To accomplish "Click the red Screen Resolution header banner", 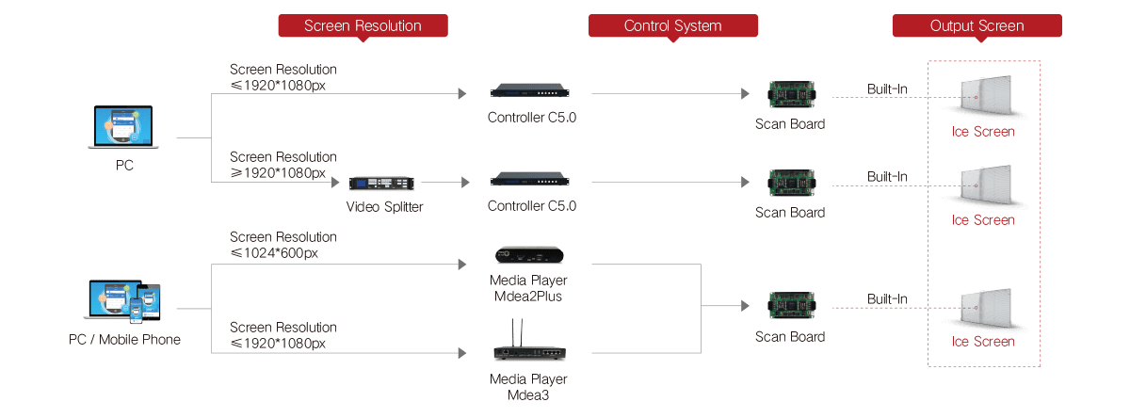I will click(x=363, y=26).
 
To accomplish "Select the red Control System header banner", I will click(x=673, y=26).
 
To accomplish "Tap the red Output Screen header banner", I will click(x=977, y=26).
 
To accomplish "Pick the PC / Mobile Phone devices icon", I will click(x=123, y=301).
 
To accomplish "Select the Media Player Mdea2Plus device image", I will click(x=529, y=256).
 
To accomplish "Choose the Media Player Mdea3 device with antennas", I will click(x=528, y=349).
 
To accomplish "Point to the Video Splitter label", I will click(x=384, y=207).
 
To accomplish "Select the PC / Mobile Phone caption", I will click(x=123, y=339).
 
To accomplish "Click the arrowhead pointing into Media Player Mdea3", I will click(x=462, y=353).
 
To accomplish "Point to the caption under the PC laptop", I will click(x=124, y=164).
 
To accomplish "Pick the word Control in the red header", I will click(x=648, y=26).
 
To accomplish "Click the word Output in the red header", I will click(x=952, y=26).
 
